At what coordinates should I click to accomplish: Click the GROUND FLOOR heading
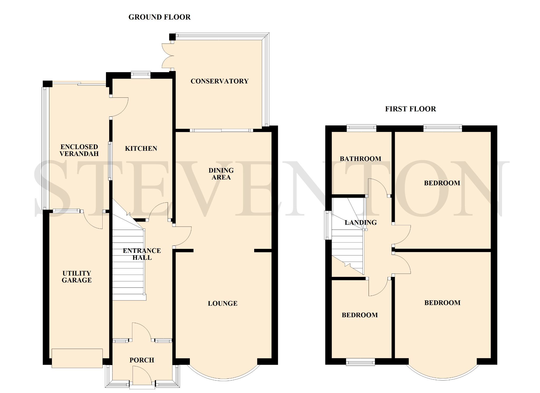tap(159, 17)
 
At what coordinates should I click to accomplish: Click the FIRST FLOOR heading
tap(410, 109)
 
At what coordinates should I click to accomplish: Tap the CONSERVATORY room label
tap(219, 81)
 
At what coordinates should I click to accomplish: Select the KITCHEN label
tap(141, 148)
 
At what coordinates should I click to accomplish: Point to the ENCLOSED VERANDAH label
tap(79, 150)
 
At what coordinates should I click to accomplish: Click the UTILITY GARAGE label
tap(76, 277)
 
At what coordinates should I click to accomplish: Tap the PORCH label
tap(142, 360)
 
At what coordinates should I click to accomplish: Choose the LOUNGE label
tap(223, 304)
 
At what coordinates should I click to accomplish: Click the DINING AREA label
tap(221, 174)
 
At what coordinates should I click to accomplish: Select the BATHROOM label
tap(360, 159)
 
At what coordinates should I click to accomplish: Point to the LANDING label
tap(360, 222)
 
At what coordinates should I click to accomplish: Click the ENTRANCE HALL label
tap(142, 254)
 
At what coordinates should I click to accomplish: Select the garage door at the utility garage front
tap(77, 358)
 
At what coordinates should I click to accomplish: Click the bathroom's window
tap(361, 128)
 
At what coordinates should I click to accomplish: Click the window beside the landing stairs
tap(328, 225)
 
